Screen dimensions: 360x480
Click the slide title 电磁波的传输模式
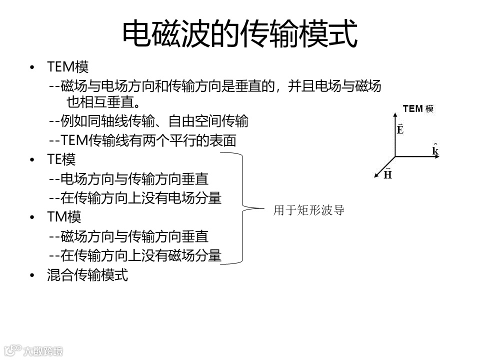point(240,33)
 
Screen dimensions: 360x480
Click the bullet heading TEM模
point(68,66)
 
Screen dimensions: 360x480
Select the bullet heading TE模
point(61,159)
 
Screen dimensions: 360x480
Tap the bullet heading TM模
point(64,217)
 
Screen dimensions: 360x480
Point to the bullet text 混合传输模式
point(87,274)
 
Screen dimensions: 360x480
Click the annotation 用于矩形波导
point(308,210)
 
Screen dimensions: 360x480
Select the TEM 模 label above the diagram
point(418,108)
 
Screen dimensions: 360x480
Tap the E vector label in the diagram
point(400,129)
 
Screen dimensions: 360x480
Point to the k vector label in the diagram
point(435,150)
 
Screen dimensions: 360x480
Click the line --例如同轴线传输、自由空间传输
point(148,121)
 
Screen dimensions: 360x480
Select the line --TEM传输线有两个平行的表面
point(142,140)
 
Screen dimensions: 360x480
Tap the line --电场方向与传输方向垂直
point(129,178)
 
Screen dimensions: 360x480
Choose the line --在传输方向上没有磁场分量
point(135,255)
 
